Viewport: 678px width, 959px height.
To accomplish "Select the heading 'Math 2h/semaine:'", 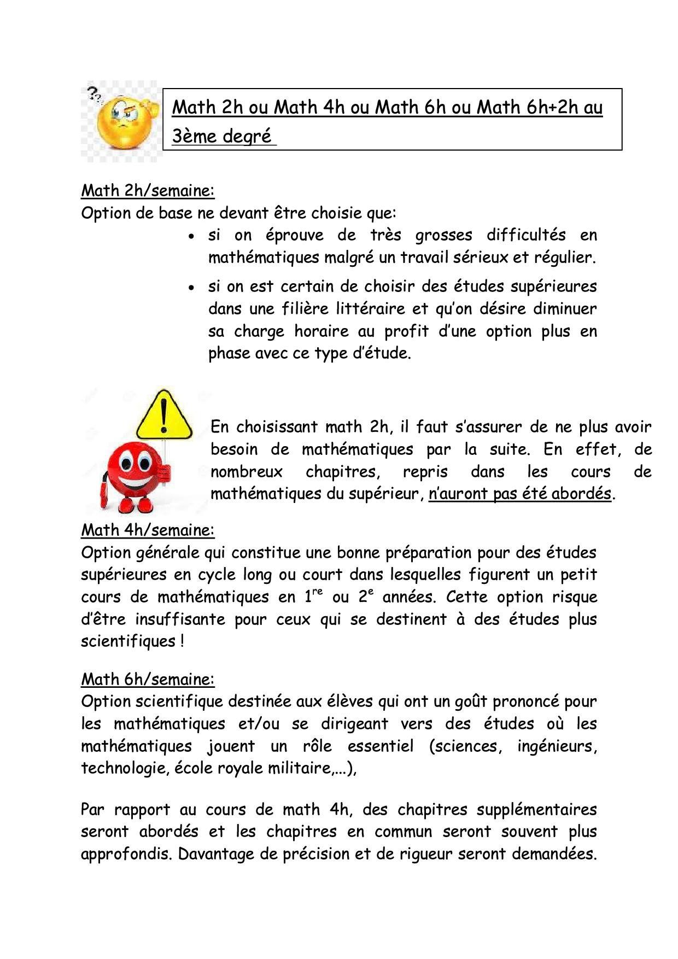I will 148,190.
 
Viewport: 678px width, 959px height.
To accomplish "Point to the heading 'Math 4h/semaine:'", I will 148,530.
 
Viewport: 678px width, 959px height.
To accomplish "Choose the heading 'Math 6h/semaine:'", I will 148,679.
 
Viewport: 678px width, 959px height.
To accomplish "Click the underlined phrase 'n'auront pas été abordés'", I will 519,494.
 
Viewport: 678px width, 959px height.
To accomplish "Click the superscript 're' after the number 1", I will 317,592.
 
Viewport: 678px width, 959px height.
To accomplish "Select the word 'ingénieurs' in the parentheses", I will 556,746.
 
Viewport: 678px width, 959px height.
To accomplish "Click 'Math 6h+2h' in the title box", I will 539,108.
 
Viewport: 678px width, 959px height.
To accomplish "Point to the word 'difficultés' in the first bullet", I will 526,235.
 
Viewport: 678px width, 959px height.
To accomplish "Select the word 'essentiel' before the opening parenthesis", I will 381,746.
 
